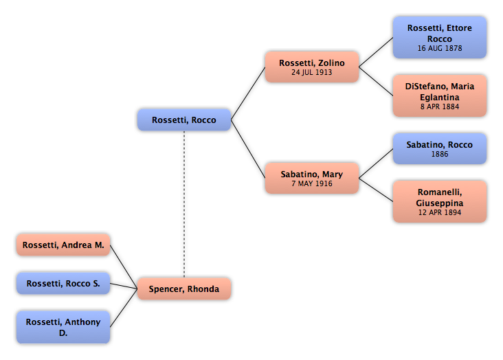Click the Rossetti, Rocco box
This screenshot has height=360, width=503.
pyautogui.click(x=184, y=120)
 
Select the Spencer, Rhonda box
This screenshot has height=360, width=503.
pyautogui.click(x=184, y=289)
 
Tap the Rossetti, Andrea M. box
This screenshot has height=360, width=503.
pyautogui.click(x=63, y=245)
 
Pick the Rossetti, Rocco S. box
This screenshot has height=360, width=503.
pyautogui.click(x=63, y=283)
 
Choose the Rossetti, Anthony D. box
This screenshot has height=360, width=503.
pyautogui.click(x=63, y=327)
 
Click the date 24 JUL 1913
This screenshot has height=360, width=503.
pyautogui.click(x=312, y=72)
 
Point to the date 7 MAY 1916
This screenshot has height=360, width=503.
pyautogui.click(x=312, y=183)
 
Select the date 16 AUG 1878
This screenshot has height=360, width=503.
pyautogui.click(x=440, y=48)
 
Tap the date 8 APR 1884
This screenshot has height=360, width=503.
pyautogui.click(x=440, y=106)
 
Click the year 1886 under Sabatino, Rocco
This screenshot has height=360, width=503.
pyautogui.click(x=440, y=154)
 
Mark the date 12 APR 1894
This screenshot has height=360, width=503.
pyautogui.click(x=440, y=212)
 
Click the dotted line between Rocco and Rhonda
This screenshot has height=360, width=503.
pyautogui.click(x=184, y=204)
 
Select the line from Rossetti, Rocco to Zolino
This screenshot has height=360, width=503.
pyautogui.click(x=248, y=93)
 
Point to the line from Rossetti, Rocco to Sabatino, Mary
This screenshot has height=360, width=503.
pyautogui.click(x=248, y=149)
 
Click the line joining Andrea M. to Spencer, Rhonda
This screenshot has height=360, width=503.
pyautogui.click(x=124, y=267)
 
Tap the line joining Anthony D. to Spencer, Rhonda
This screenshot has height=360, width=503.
pyautogui.click(x=124, y=308)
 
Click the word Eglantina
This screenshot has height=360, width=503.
pyautogui.click(x=440, y=98)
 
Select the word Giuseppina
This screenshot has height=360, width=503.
pyautogui.click(x=440, y=203)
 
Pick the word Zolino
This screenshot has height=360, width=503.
pyautogui.click(x=331, y=63)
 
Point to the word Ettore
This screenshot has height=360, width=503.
pyautogui.click(x=460, y=28)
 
